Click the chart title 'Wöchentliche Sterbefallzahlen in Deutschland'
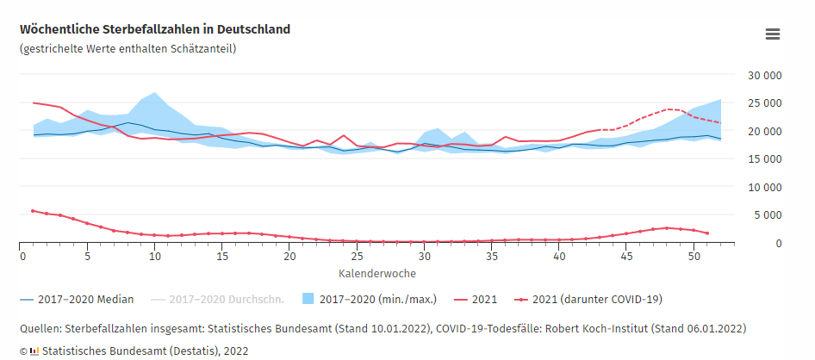click(155, 29)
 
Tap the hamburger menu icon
click(773, 34)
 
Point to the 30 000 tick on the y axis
click(763, 76)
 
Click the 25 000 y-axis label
click(763, 103)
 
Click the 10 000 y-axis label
click(763, 187)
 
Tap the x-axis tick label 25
click(357, 256)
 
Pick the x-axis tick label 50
click(694, 256)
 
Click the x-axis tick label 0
click(20, 256)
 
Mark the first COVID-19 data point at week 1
click(33, 210)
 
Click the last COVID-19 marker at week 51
click(707, 233)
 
